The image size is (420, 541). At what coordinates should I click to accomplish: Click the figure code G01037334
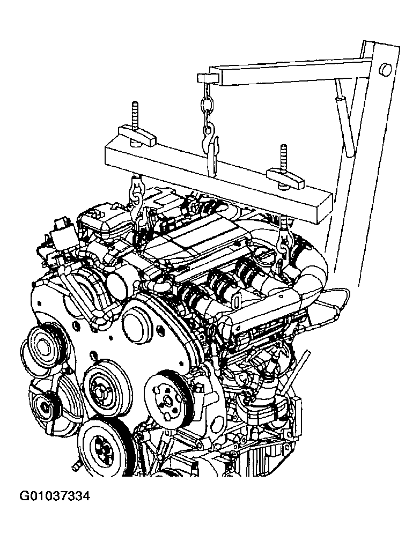point(55,496)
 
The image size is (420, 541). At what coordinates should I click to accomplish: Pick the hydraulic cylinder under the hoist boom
point(345,117)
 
